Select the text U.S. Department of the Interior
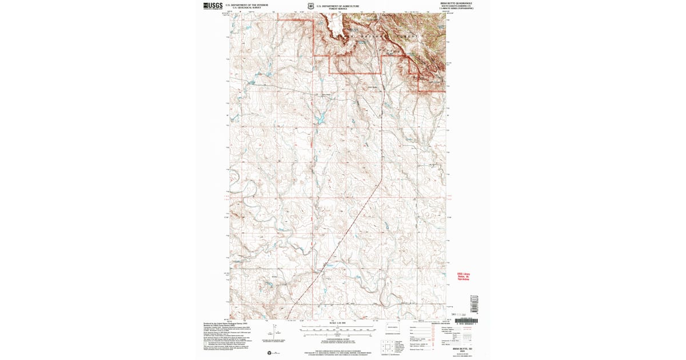[x=246, y=5]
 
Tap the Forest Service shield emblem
[x=310, y=6]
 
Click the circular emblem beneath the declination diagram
[x=269, y=353]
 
